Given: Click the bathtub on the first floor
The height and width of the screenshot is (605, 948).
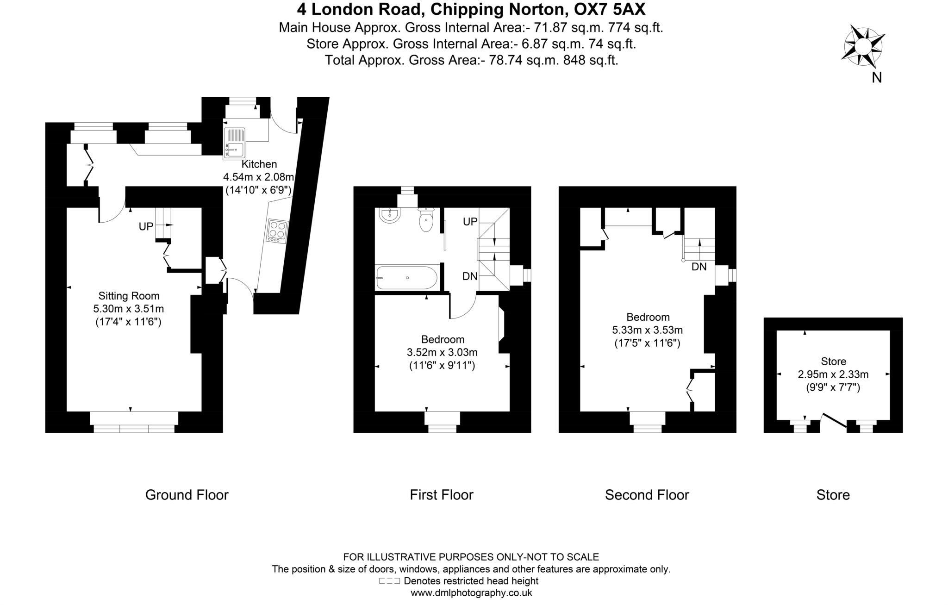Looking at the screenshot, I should (x=406, y=277).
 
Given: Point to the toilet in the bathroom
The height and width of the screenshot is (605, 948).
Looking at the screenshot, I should (x=426, y=220).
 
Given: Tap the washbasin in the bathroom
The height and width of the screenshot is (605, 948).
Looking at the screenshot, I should (x=389, y=215).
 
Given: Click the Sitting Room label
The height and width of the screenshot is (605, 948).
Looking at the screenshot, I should (x=129, y=296).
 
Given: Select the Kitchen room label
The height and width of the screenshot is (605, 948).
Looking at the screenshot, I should (x=259, y=164).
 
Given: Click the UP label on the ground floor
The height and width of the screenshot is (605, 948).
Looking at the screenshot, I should (x=146, y=226).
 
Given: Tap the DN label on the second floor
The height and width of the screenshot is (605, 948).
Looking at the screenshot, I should (x=699, y=267).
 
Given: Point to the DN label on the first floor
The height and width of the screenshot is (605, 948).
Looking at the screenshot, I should (x=470, y=276).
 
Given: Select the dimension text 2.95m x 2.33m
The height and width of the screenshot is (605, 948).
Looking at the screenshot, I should (x=833, y=374).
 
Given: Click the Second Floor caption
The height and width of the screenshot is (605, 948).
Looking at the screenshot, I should (x=647, y=495).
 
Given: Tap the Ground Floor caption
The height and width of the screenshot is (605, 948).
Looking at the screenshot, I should (x=187, y=495).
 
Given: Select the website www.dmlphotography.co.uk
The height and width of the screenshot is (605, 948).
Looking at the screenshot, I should (x=471, y=593).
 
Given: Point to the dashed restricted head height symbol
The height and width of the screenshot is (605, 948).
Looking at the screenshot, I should (x=389, y=581).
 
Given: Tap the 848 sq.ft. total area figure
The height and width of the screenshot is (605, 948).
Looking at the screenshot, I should (x=590, y=60).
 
